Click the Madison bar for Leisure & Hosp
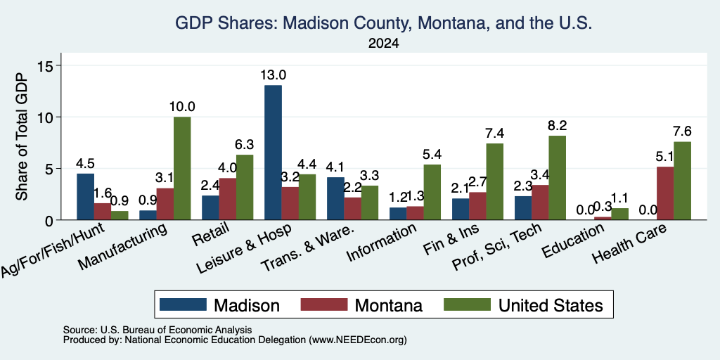(274, 153)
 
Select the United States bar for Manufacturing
(182, 169)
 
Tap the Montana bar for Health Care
(665, 193)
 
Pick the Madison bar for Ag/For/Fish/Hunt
(85, 197)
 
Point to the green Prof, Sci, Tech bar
(557, 178)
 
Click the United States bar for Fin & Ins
(494, 182)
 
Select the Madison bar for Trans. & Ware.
(335, 198)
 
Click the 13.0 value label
(274, 75)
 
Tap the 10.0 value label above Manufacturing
(182, 107)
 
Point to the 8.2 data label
(557, 125)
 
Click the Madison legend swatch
(183, 304)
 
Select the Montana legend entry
(361, 305)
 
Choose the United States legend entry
(523, 305)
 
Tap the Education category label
(572, 241)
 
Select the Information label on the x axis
(381, 243)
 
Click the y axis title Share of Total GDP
(22, 136)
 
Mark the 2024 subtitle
(383, 44)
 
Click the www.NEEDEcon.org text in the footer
(358, 340)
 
